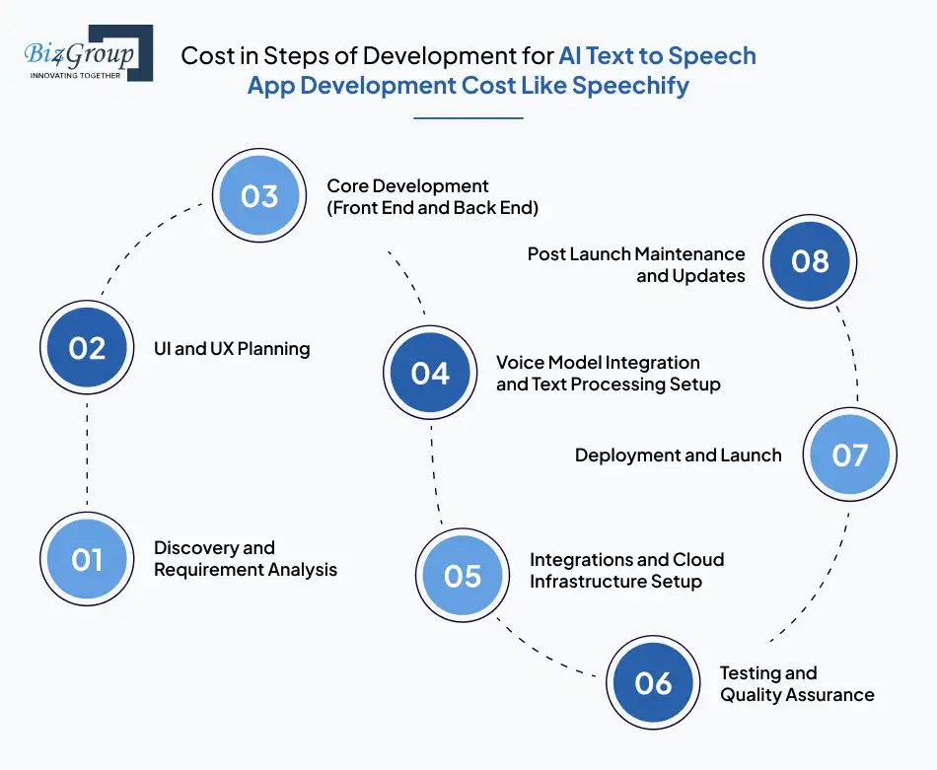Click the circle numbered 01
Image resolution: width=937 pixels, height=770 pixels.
(x=87, y=559)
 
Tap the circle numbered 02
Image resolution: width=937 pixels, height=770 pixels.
(x=87, y=348)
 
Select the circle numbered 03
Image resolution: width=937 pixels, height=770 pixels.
(x=259, y=196)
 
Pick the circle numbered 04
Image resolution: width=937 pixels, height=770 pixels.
(x=430, y=373)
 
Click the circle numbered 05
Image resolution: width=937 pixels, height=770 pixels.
(x=462, y=576)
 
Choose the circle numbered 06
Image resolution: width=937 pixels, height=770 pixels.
(x=652, y=683)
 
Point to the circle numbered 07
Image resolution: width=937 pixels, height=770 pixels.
(x=849, y=455)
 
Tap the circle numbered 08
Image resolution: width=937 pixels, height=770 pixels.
(x=810, y=260)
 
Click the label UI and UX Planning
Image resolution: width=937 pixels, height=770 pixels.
(x=232, y=348)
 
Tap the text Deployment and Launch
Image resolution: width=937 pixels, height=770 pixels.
(x=678, y=455)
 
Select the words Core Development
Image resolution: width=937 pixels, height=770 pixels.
(x=407, y=186)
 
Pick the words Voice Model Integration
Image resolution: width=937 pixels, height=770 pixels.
(x=598, y=363)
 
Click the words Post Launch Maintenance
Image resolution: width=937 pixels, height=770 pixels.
(x=636, y=254)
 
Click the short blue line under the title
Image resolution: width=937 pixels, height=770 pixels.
(x=468, y=118)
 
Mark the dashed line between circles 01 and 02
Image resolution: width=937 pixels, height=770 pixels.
(x=87, y=454)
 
